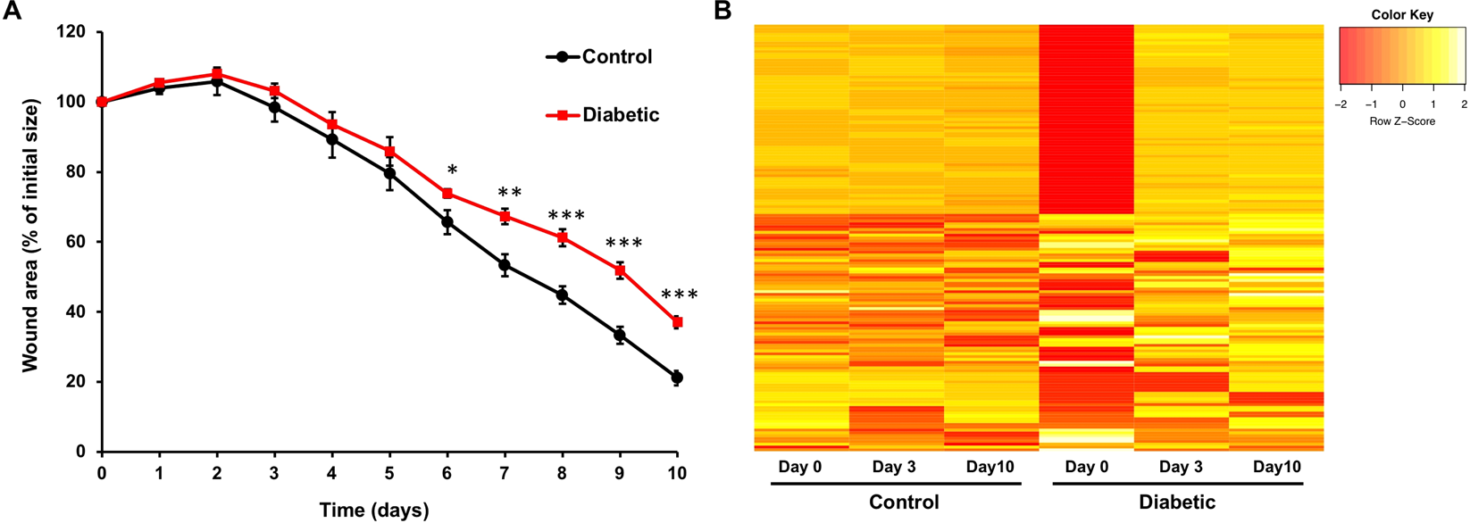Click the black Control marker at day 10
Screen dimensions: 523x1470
(x=677, y=378)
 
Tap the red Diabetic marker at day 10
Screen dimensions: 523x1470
(x=678, y=322)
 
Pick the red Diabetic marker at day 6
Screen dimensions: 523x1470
(x=447, y=194)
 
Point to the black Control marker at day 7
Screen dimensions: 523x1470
(x=505, y=265)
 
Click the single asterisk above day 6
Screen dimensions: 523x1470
(x=452, y=171)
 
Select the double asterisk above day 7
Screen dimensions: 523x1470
(x=510, y=194)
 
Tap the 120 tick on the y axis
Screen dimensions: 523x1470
(x=71, y=33)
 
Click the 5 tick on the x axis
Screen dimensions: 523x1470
(x=389, y=473)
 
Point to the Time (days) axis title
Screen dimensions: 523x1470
(x=374, y=511)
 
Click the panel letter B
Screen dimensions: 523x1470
(x=723, y=11)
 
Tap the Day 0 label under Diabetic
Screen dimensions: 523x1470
(x=1086, y=467)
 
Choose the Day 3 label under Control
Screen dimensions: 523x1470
(x=894, y=467)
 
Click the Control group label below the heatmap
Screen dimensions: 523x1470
(x=904, y=502)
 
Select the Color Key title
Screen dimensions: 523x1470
(x=1402, y=15)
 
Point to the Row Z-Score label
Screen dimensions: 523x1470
(x=1402, y=120)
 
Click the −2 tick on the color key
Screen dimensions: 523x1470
(x=1340, y=104)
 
